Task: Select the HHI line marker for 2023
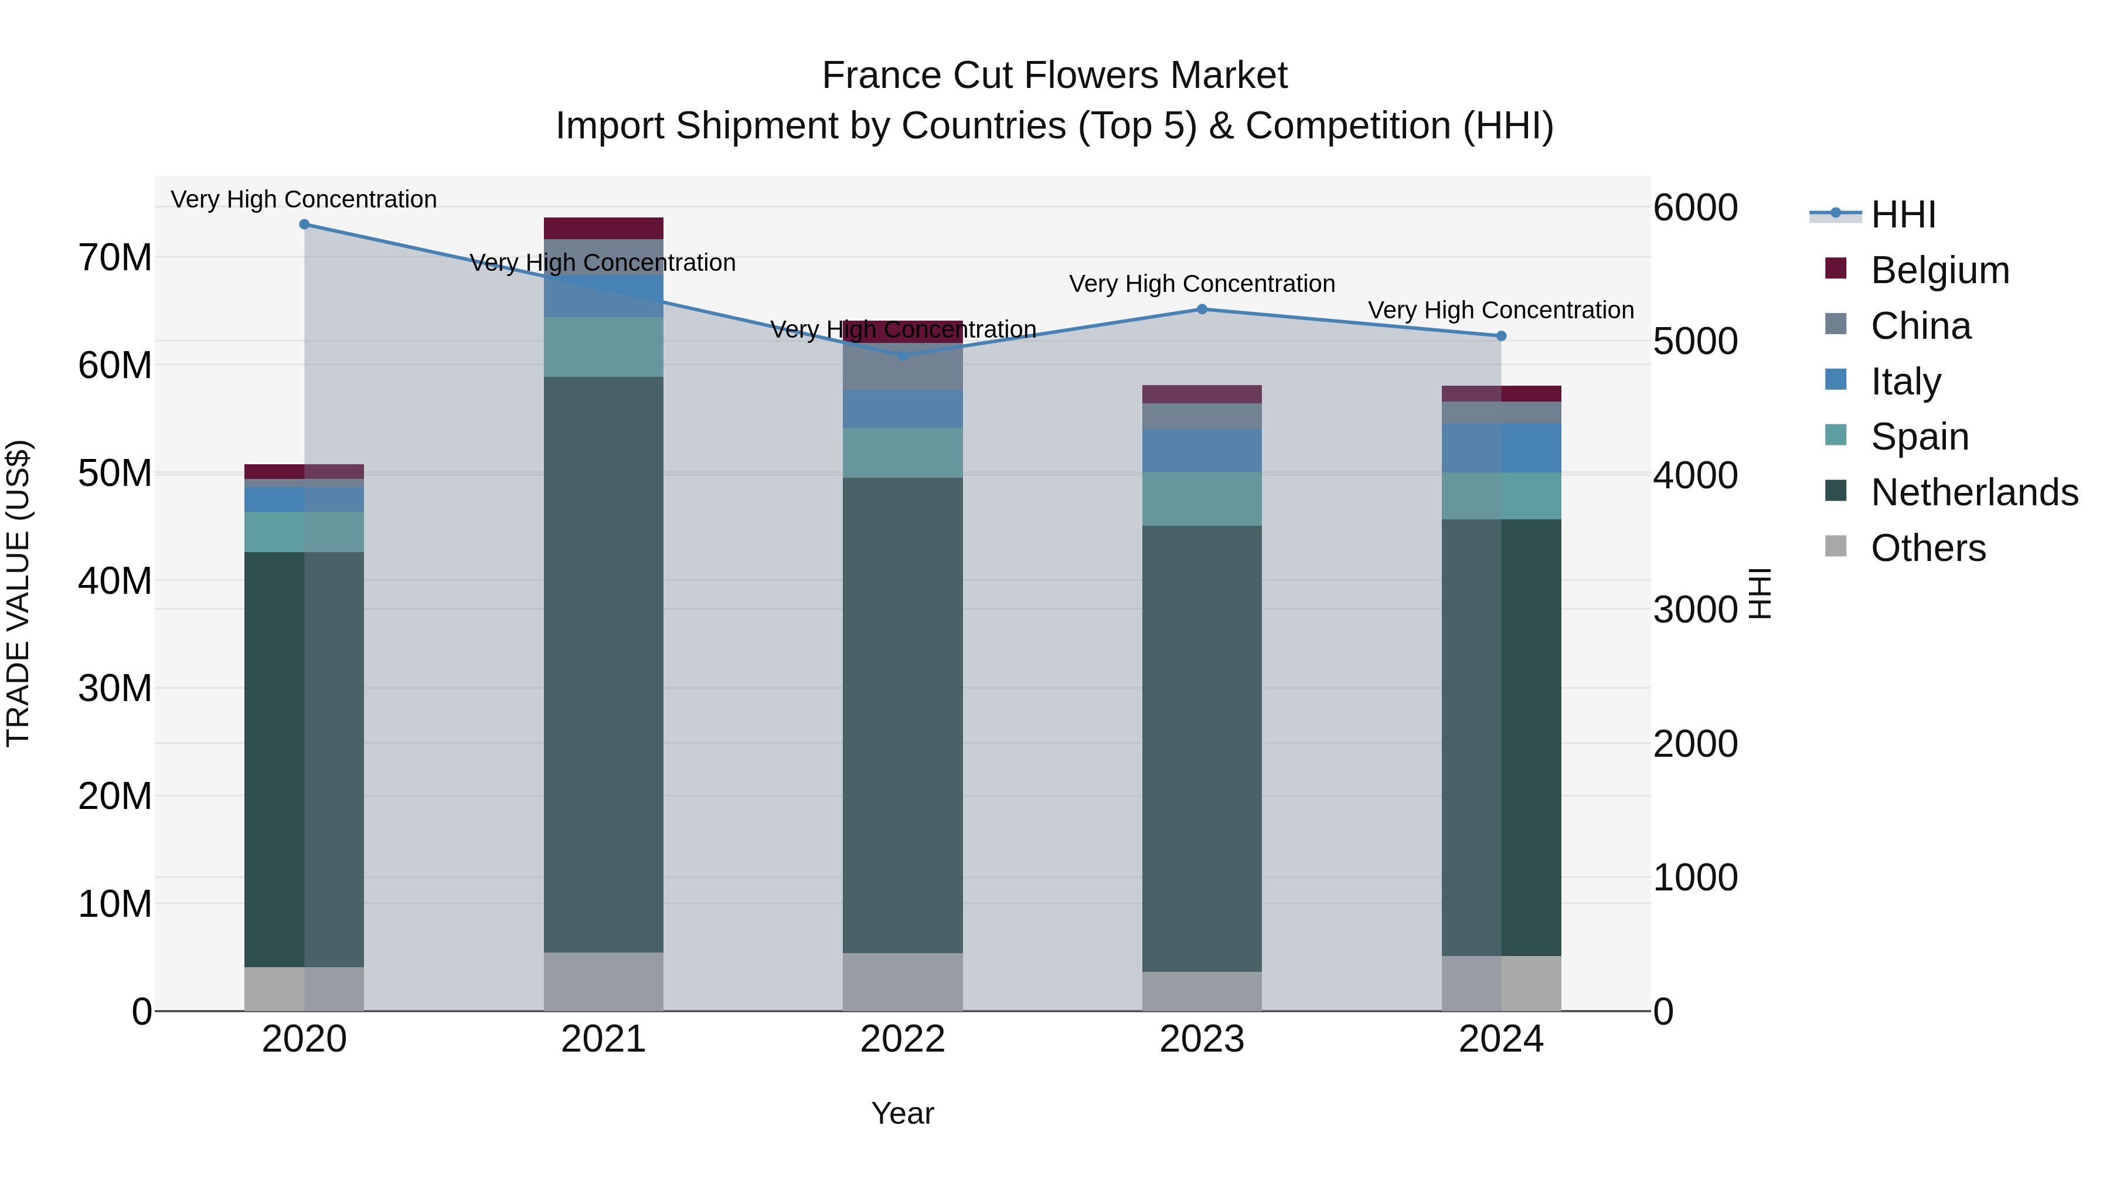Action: pos(1202,309)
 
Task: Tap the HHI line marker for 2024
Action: pos(1500,336)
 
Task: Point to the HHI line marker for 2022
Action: pos(903,356)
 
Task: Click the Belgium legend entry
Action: pos(1939,270)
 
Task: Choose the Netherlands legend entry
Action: pos(1974,492)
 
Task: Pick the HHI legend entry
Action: pos(1903,215)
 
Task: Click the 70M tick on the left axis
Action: pos(115,258)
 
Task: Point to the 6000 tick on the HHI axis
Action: pos(1694,208)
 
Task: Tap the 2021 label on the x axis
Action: pos(603,1039)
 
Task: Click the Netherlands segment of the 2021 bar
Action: pos(603,664)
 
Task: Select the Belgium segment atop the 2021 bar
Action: pos(603,229)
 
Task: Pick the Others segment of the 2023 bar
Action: pos(1202,991)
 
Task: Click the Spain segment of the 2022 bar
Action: pos(903,453)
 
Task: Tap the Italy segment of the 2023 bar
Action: pos(1202,451)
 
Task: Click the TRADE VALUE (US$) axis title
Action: pos(18,593)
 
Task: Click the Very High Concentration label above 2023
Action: pos(1202,284)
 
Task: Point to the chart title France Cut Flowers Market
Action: pos(1054,76)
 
